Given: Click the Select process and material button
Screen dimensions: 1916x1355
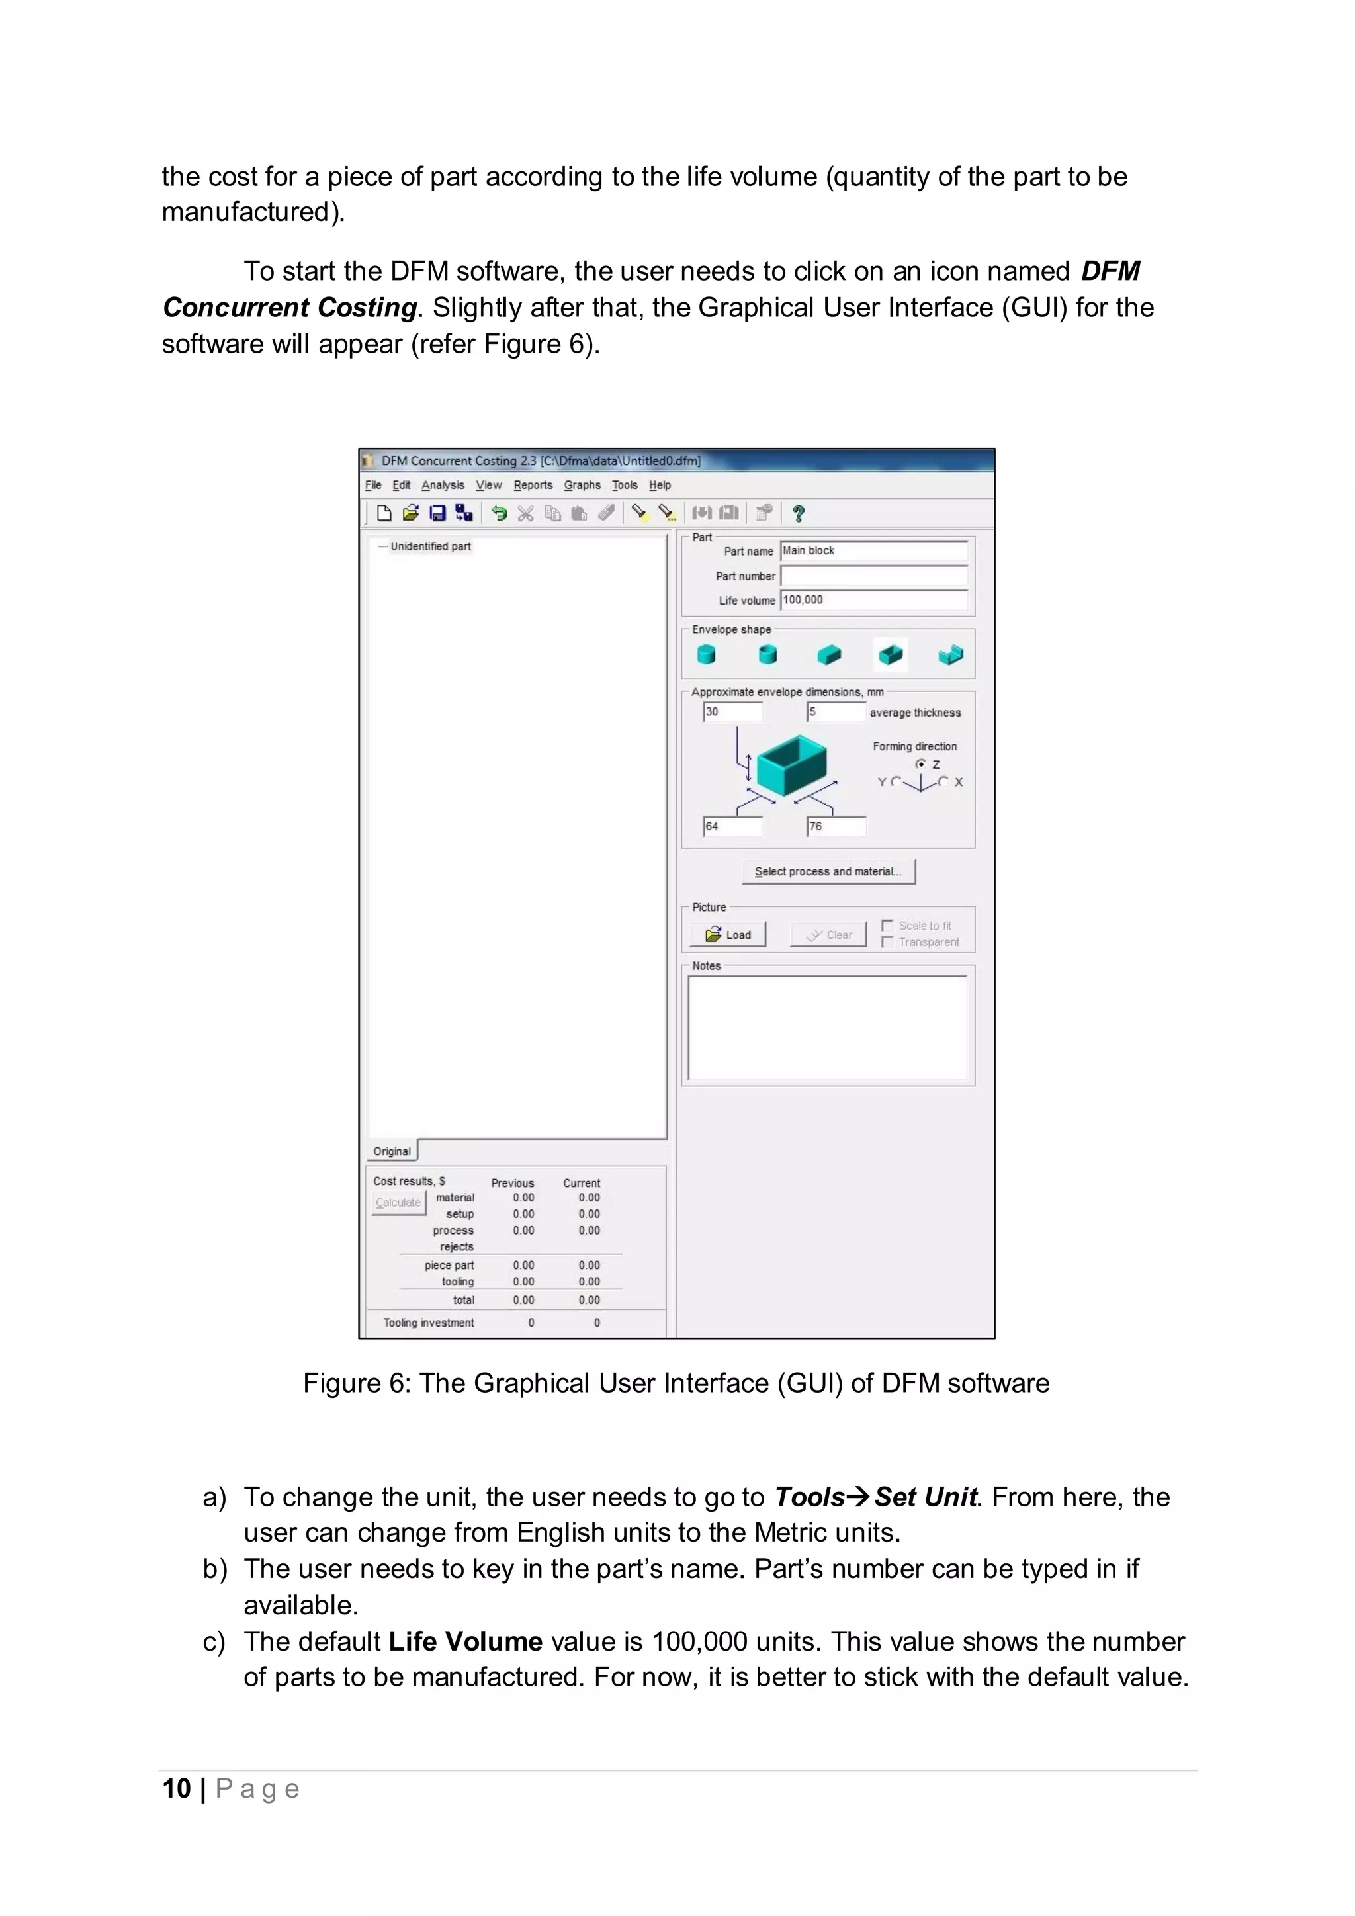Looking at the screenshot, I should (x=828, y=871).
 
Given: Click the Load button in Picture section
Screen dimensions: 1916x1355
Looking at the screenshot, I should (x=728, y=935).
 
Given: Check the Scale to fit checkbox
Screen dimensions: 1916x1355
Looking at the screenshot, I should (x=888, y=926).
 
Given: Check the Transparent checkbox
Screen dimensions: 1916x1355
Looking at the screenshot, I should (x=888, y=942).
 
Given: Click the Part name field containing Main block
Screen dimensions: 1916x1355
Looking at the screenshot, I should (x=873, y=550).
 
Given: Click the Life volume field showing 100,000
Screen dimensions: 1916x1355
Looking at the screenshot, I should (x=873, y=600).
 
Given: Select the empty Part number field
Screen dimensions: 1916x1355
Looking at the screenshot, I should (x=873, y=576).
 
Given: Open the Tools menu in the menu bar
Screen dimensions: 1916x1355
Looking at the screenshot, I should (x=624, y=485).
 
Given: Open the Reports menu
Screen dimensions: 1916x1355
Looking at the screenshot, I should (x=533, y=485).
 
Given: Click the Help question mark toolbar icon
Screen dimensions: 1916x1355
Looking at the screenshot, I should (x=798, y=513).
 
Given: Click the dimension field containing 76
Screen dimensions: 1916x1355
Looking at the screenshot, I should (x=835, y=826).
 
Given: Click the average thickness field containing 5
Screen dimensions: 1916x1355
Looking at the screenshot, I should (x=835, y=712).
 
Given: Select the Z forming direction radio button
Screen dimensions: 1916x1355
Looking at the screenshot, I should (x=920, y=764).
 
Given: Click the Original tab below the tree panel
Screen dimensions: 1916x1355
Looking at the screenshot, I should (x=392, y=1151).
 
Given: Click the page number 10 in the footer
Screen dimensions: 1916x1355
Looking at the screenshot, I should (x=177, y=1788).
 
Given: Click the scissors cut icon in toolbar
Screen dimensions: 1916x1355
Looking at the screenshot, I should (x=525, y=513).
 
